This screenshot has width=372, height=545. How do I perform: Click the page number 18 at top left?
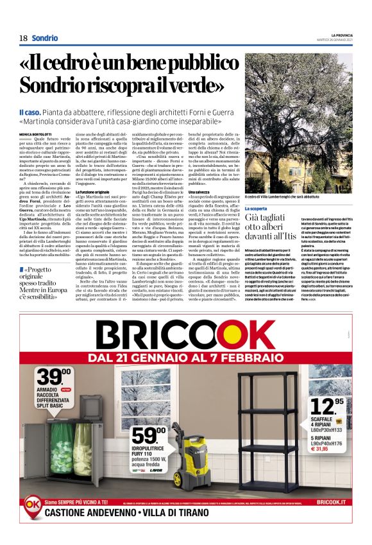[23, 38]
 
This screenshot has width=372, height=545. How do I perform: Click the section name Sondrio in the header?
[44, 38]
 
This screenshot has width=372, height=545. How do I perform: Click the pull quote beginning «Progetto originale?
[45, 282]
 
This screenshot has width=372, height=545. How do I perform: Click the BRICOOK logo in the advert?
[186, 334]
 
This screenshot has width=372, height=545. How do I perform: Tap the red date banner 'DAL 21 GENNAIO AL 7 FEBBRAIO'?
[186, 356]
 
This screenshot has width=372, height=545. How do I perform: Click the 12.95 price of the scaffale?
[323, 405]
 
